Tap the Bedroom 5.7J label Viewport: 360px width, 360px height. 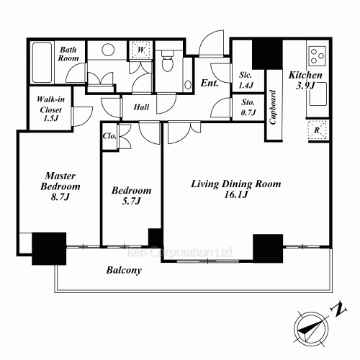pyautogui.click(x=130, y=197)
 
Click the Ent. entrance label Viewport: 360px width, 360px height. pyautogui.click(x=210, y=84)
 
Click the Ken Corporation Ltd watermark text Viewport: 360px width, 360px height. pyautogui.click(x=179, y=253)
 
